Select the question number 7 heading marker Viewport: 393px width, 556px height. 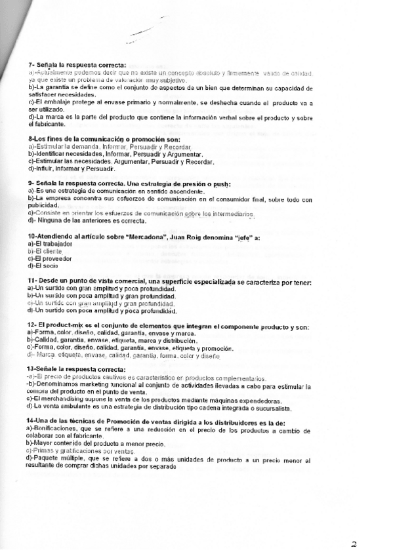point(31,66)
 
